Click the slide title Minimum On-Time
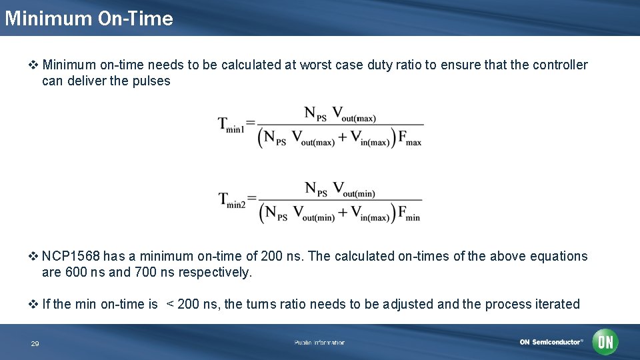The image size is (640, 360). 89,18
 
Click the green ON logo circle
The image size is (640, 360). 605,342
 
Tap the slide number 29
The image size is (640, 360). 35,344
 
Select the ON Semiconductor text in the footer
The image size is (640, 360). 551,342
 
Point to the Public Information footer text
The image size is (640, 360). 319,343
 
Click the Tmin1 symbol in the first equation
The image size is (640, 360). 231,125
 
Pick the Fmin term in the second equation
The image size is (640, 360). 409,214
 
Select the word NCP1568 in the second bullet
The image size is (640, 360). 70,256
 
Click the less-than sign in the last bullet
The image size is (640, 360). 170,304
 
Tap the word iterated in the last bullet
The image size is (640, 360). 557,304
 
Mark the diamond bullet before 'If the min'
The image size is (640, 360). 34,305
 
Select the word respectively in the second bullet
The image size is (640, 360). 217,272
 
